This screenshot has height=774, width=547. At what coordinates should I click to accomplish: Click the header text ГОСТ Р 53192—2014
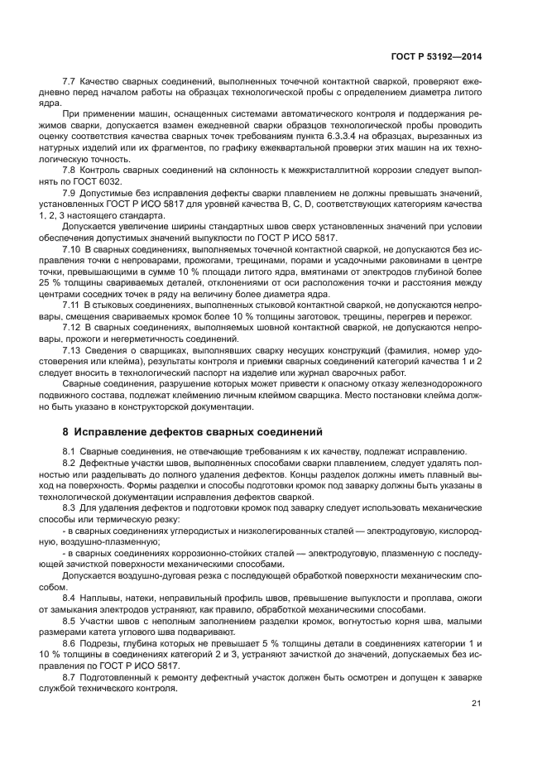click(436, 57)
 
